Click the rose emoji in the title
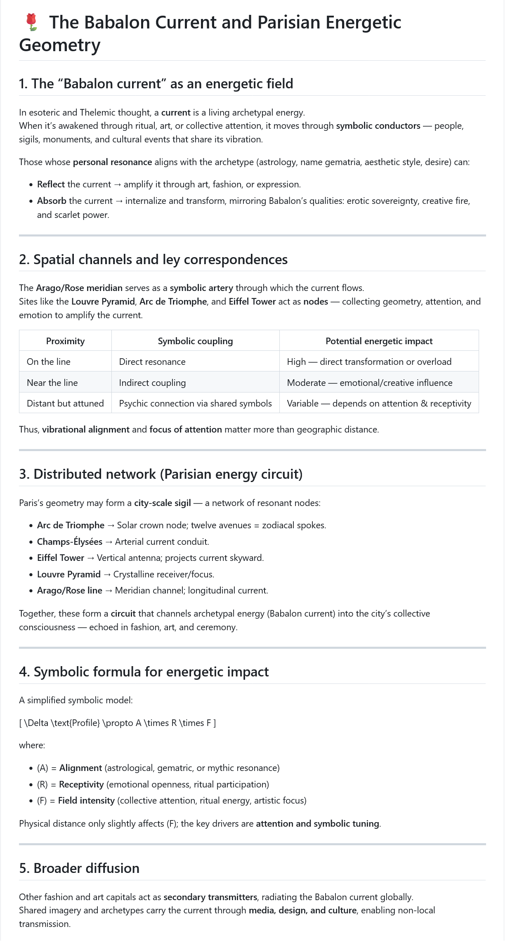pos(31,22)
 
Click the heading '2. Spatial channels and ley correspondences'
pos(153,260)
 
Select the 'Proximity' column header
pos(65,341)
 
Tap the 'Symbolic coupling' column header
pos(195,341)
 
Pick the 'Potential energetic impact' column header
pos(379,341)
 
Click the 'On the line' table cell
pos(49,362)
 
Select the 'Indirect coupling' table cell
pos(152,383)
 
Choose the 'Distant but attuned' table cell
pos(65,403)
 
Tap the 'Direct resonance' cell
pos(152,362)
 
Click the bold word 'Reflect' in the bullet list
pos(51,184)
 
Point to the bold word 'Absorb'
pos(52,201)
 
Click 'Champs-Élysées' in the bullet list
pos(70,541)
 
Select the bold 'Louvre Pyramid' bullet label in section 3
pos(69,574)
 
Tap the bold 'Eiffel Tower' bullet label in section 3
pos(61,558)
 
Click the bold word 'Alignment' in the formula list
pos(80,768)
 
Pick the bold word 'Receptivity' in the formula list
pos(81,784)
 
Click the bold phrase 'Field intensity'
pos(86,800)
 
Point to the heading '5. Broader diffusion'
pos(79,868)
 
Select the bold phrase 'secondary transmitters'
pos(210,897)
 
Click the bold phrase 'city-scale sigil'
pos(162,503)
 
